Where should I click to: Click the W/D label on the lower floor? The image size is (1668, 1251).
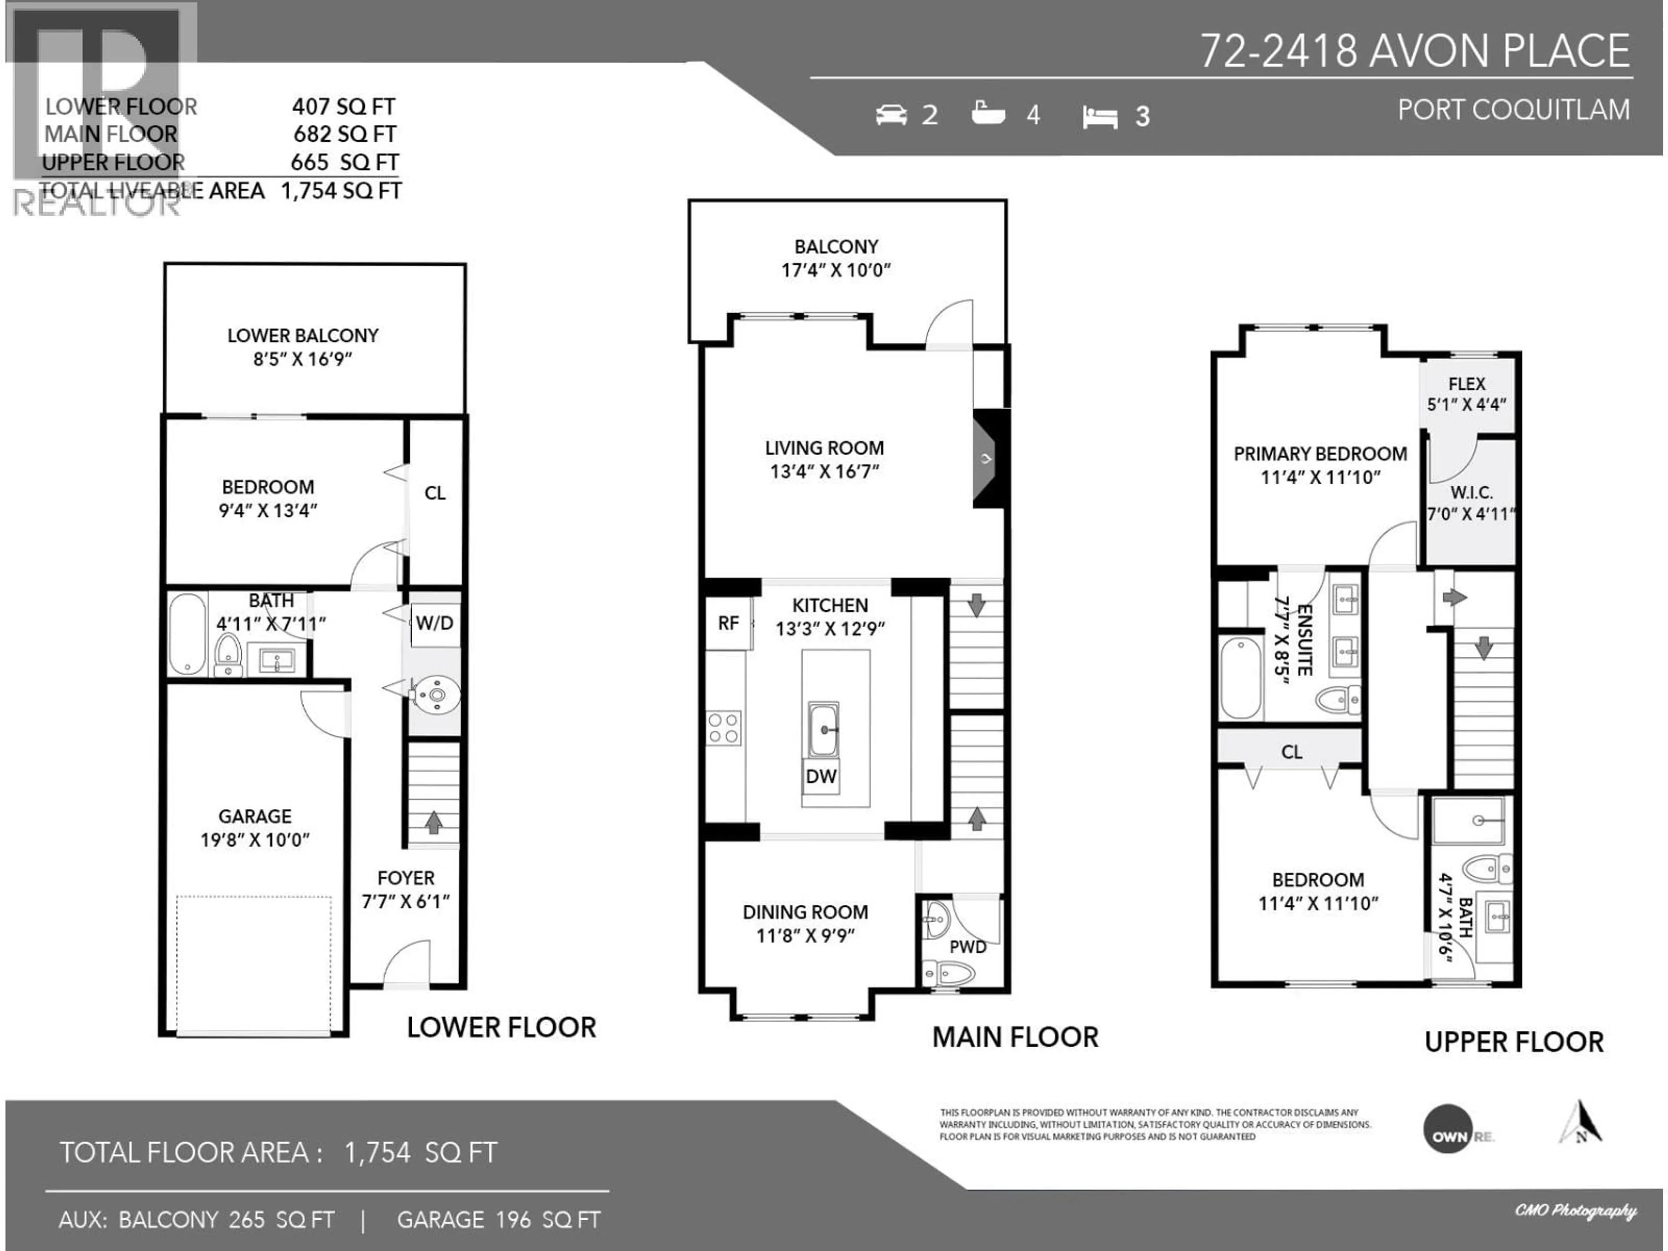tap(434, 623)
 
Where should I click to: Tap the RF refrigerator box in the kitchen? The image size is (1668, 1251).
tap(728, 623)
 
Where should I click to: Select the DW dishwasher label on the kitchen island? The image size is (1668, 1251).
tap(821, 777)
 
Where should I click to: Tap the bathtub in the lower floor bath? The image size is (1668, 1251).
tap(187, 633)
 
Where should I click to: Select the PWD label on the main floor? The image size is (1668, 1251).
tap(967, 947)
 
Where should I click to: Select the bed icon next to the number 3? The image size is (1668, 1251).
tap(1099, 117)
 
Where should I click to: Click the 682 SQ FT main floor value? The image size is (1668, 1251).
tap(344, 134)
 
